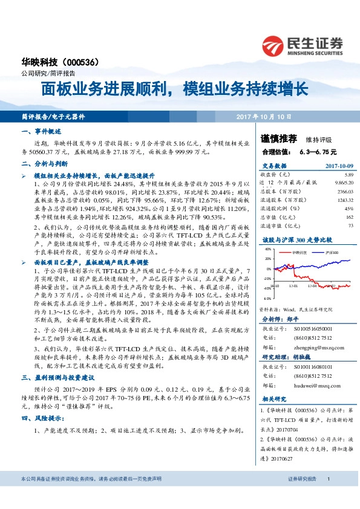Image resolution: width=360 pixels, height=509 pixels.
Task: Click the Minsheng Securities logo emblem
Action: [274, 46]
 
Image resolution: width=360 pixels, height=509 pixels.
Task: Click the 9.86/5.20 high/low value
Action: [342, 182]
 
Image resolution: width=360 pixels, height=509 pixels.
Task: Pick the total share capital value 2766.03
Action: [344, 190]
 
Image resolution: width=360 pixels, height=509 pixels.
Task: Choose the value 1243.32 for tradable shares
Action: [344, 199]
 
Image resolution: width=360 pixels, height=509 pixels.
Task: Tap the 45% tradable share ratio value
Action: [349, 208]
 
